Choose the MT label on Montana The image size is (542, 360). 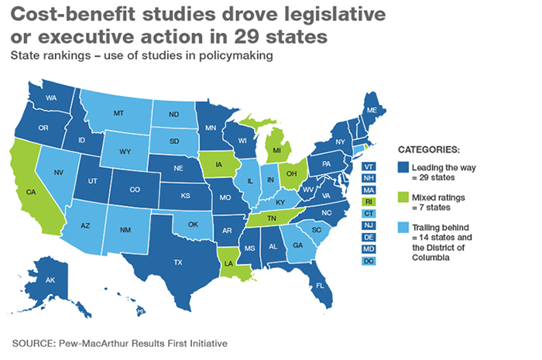[x=118, y=113]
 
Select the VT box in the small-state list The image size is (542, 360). [x=369, y=166]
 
